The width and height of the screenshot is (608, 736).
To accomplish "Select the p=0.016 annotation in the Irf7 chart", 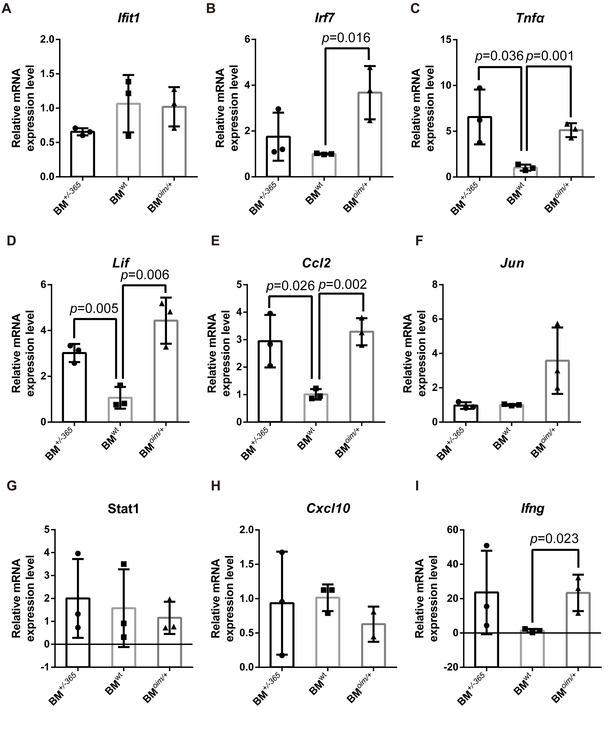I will coord(346,38).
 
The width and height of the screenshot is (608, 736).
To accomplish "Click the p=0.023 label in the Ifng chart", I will coord(554,538).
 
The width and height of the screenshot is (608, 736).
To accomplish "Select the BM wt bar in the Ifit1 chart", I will coord(128,140).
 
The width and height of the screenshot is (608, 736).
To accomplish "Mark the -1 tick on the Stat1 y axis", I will coord(45,667).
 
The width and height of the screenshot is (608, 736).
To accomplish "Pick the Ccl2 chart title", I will coord(316,263).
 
